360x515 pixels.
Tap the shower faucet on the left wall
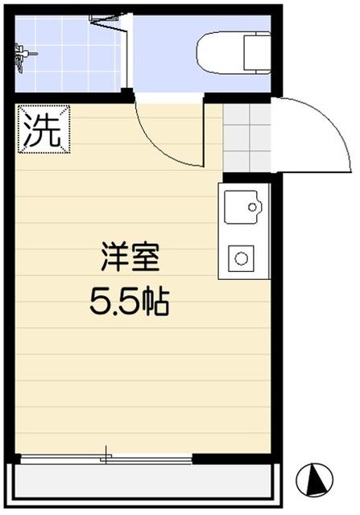22,54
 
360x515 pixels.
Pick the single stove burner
241,259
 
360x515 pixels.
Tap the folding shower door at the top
109,18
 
